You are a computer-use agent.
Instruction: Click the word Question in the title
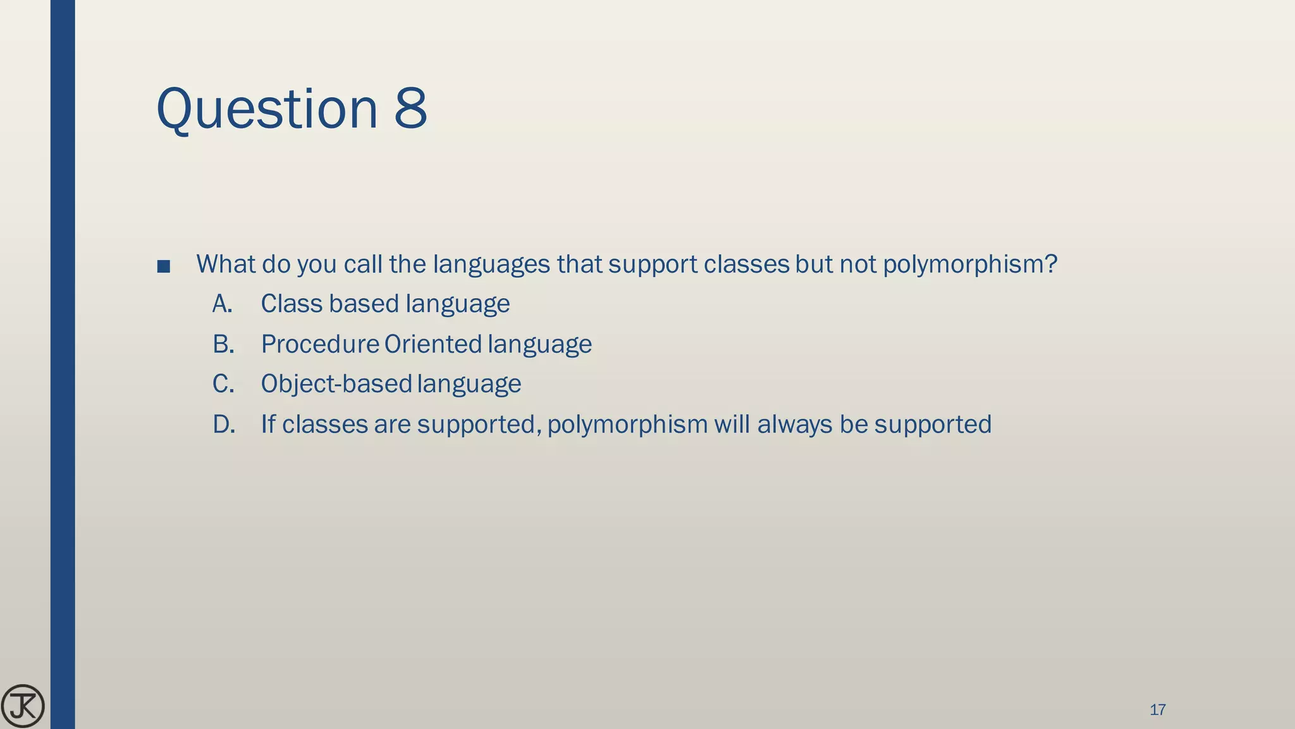coord(266,109)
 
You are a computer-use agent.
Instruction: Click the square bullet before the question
coord(163,266)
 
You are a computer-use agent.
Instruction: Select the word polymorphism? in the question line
coord(969,265)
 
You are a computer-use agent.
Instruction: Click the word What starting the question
coord(226,264)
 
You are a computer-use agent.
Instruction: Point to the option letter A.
coord(222,304)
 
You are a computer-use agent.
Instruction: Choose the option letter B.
coord(223,344)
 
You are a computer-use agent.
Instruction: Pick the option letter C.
coord(223,384)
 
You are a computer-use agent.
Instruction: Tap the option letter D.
coord(224,424)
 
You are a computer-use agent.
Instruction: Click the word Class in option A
coord(291,304)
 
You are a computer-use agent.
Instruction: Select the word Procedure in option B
coord(320,344)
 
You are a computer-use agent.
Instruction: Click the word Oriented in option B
coord(433,344)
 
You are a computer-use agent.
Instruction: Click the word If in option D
coord(268,424)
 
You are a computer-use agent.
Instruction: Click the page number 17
coord(1157,710)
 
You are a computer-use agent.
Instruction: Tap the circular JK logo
coord(23,706)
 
